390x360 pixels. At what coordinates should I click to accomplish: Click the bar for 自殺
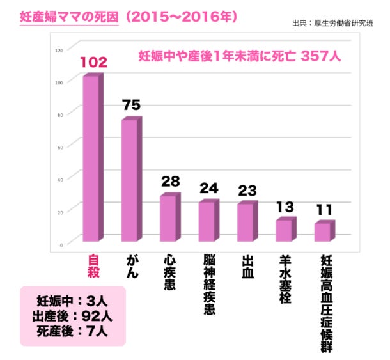[91, 159]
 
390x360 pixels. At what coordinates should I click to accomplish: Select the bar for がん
[130, 181]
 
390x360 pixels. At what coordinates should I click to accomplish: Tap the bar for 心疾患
[168, 219]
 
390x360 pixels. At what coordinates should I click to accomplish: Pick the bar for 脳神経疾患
[207, 222]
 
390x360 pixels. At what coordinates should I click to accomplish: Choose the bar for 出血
[246, 223]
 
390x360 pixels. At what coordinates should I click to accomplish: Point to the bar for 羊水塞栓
[284, 231]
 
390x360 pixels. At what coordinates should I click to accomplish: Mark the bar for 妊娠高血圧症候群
[323, 232]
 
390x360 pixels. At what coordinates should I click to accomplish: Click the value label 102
[93, 63]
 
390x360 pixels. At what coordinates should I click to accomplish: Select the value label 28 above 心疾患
[170, 182]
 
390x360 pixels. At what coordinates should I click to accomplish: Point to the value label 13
[286, 207]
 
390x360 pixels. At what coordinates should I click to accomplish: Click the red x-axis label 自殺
[93, 270]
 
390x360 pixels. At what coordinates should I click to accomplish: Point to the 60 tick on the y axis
[60, 147]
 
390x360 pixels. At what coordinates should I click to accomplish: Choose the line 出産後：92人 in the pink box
[72, 315]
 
